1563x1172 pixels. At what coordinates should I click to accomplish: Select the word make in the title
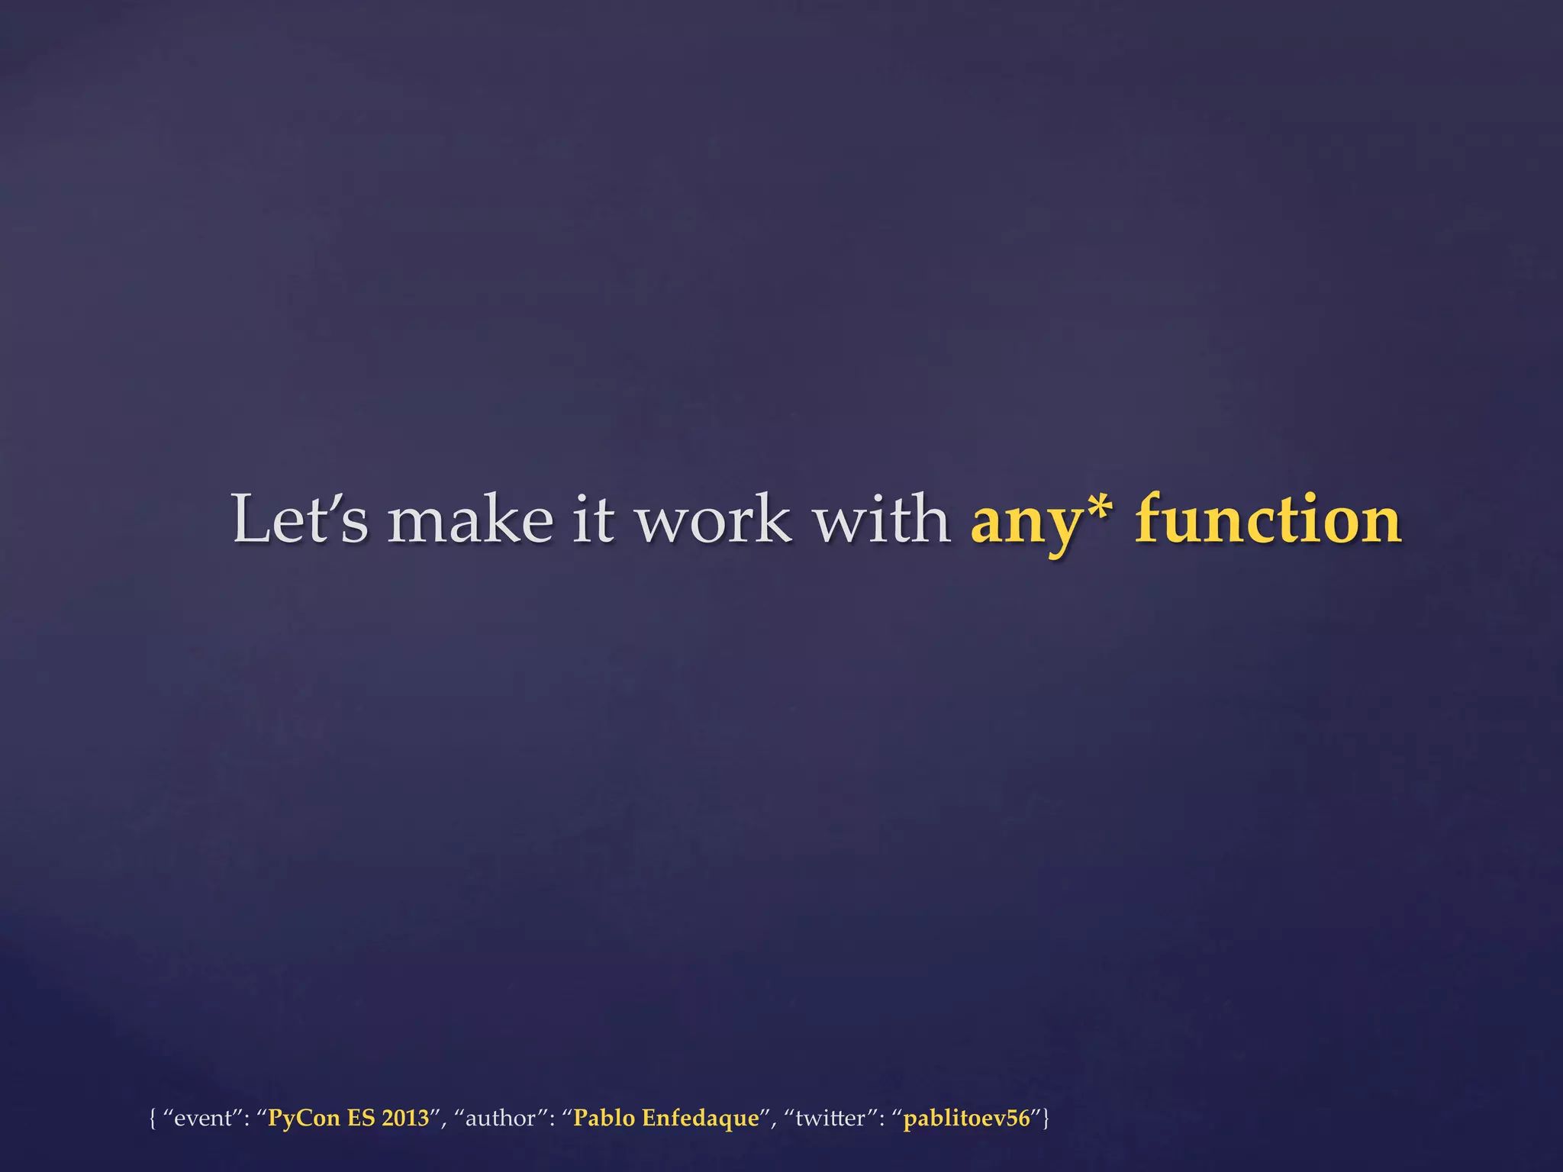point(470,520)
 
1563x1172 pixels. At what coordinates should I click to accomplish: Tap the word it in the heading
point(594,520)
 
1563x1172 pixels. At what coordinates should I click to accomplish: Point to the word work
point(714,520)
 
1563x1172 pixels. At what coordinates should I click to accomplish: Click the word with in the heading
point(881,520)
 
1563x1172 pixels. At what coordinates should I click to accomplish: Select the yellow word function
point(1268,520)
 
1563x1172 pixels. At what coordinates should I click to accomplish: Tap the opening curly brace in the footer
point(153,1119)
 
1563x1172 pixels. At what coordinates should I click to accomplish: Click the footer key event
point(202,1119)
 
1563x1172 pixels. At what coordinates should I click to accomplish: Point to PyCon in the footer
point(303,1119)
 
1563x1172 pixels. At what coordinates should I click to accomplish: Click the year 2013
point(405,1118)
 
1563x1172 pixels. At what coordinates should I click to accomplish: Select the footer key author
point(500,1119)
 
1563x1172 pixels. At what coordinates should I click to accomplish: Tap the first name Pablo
point(604,1118)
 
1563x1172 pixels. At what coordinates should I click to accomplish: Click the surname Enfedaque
point(701,1119)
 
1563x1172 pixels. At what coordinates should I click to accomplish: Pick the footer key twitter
point(830,1119)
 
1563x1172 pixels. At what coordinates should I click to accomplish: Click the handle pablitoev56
point(966,1119)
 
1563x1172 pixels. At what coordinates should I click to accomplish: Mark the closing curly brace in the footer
point(1046,1119)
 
